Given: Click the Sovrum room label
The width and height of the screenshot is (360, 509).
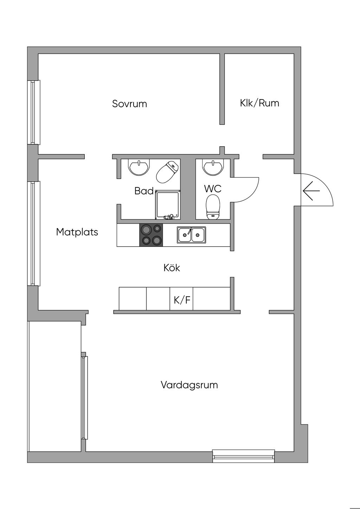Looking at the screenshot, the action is pyautogui.click(x=129, y=104).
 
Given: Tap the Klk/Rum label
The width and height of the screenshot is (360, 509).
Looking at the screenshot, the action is pyautogui.click(x=259, y=103).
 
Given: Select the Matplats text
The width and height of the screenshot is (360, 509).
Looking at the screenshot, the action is pyautogui.click(x=77, y=232).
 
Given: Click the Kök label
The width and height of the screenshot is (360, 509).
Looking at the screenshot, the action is pyautogui.click(x=172, y=268).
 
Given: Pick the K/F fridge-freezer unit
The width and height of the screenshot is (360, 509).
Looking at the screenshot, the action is pyautogui.click(x=181, y=298).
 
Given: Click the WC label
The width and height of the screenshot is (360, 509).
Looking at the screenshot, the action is pyautogui.click(x=213, y=189).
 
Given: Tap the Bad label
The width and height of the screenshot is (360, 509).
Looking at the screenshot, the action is pyautogui.click(x=144, y=191).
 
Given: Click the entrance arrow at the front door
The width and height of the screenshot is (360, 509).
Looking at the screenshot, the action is pyautogui.click(x=311, y=191).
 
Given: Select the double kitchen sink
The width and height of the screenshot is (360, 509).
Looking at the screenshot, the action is pyautogui.click(x=191, y=235).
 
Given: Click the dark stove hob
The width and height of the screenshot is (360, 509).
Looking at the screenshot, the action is pyautogui.click(x=151, y=235).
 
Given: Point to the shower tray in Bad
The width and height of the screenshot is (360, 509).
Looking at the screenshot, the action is pyautogui.click(x=168, y=205).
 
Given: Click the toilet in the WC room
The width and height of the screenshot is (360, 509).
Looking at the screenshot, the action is pyautogui.click(x=213, y=207).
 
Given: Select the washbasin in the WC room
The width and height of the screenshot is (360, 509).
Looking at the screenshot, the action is pyautogui.click(x=213, y=167).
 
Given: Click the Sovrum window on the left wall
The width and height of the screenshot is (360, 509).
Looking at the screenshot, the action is pyautogui.click(x=34, y=112).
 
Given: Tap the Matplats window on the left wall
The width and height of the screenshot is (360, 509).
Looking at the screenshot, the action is pyautogui.click(x=34, y=233).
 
